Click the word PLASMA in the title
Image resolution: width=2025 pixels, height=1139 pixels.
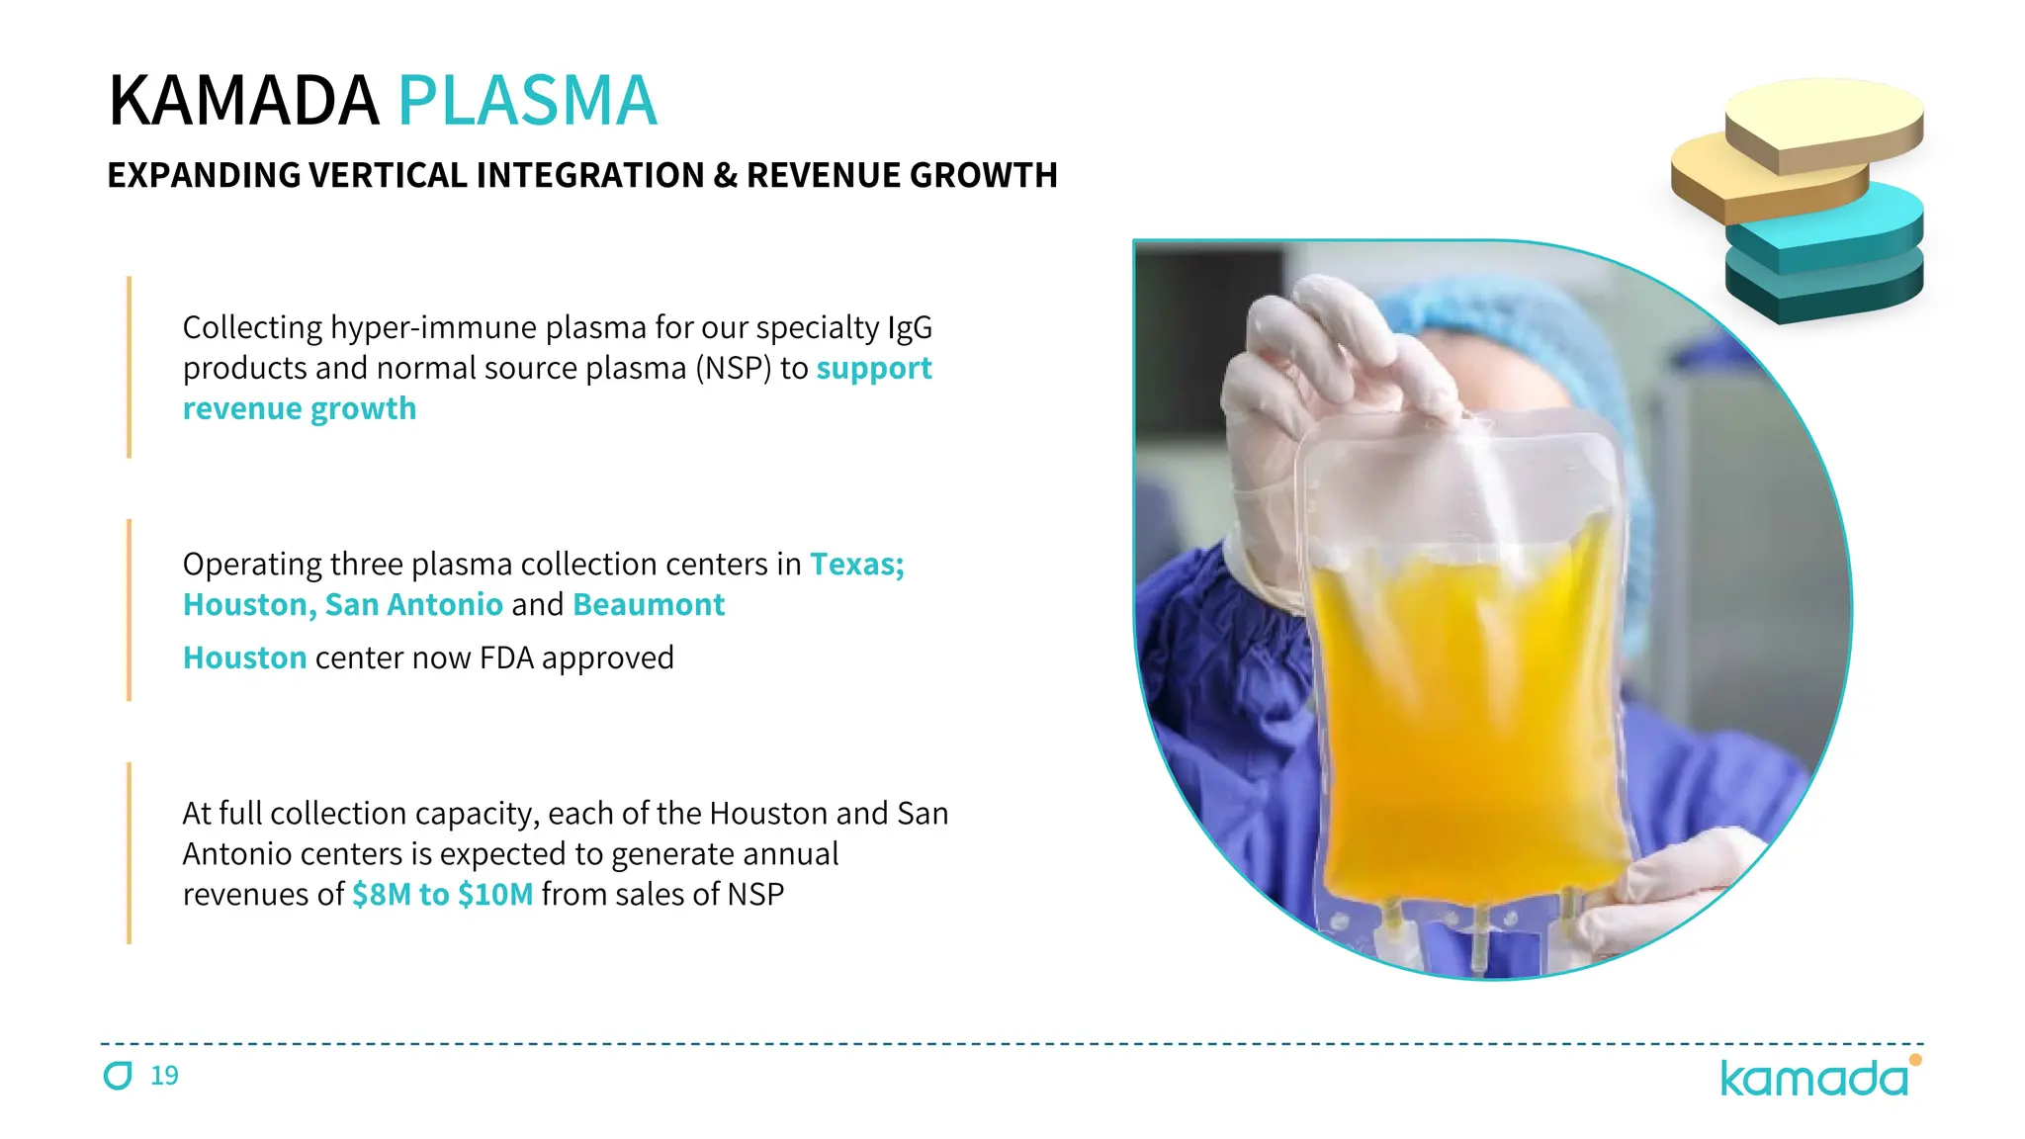[527, 101]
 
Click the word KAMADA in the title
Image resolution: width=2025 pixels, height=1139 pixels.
[243, 101]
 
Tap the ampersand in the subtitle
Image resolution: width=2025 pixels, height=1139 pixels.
[725, 176]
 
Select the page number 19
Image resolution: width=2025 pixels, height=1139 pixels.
[164, 1076]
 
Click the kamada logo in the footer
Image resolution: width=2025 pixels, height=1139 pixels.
[1814, 1078]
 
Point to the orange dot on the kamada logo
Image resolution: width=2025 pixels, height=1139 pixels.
[1915, 1060]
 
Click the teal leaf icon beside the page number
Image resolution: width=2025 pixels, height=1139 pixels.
[118, 1076]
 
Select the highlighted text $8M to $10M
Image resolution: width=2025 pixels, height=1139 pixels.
[442, 895]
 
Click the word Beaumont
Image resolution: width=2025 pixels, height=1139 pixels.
[649, 605]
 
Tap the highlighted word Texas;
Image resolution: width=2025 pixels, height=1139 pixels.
[856, 565]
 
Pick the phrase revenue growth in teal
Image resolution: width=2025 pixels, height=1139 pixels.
[300, 409]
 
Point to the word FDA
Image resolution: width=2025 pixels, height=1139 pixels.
[506, 658]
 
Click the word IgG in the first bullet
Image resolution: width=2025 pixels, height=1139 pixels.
[909, 328]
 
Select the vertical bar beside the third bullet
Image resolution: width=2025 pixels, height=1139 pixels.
[130, 852]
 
